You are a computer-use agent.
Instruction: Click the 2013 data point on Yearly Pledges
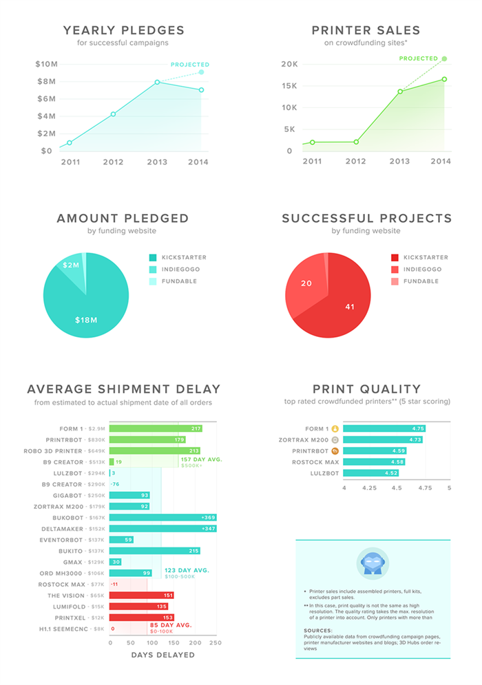coord(158,82)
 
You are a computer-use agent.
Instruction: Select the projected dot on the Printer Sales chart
coord(445,58)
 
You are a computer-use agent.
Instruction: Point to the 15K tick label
coord(289,86)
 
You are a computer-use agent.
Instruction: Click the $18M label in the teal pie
coord(86,320)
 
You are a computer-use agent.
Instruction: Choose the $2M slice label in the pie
coord(72,265)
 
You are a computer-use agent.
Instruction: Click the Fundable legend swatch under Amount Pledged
coord(153,281)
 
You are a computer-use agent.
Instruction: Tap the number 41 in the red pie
coord(349,307)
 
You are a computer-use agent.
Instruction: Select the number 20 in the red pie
coord(306,283)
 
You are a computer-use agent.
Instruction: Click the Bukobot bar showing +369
coord(163,517)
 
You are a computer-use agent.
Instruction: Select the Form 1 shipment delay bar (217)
coord(156,428)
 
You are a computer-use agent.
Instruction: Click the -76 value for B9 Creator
coord(115,484)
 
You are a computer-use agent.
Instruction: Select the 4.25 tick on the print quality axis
coord(370,488)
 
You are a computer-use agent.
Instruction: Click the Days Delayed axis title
coord(163,655)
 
